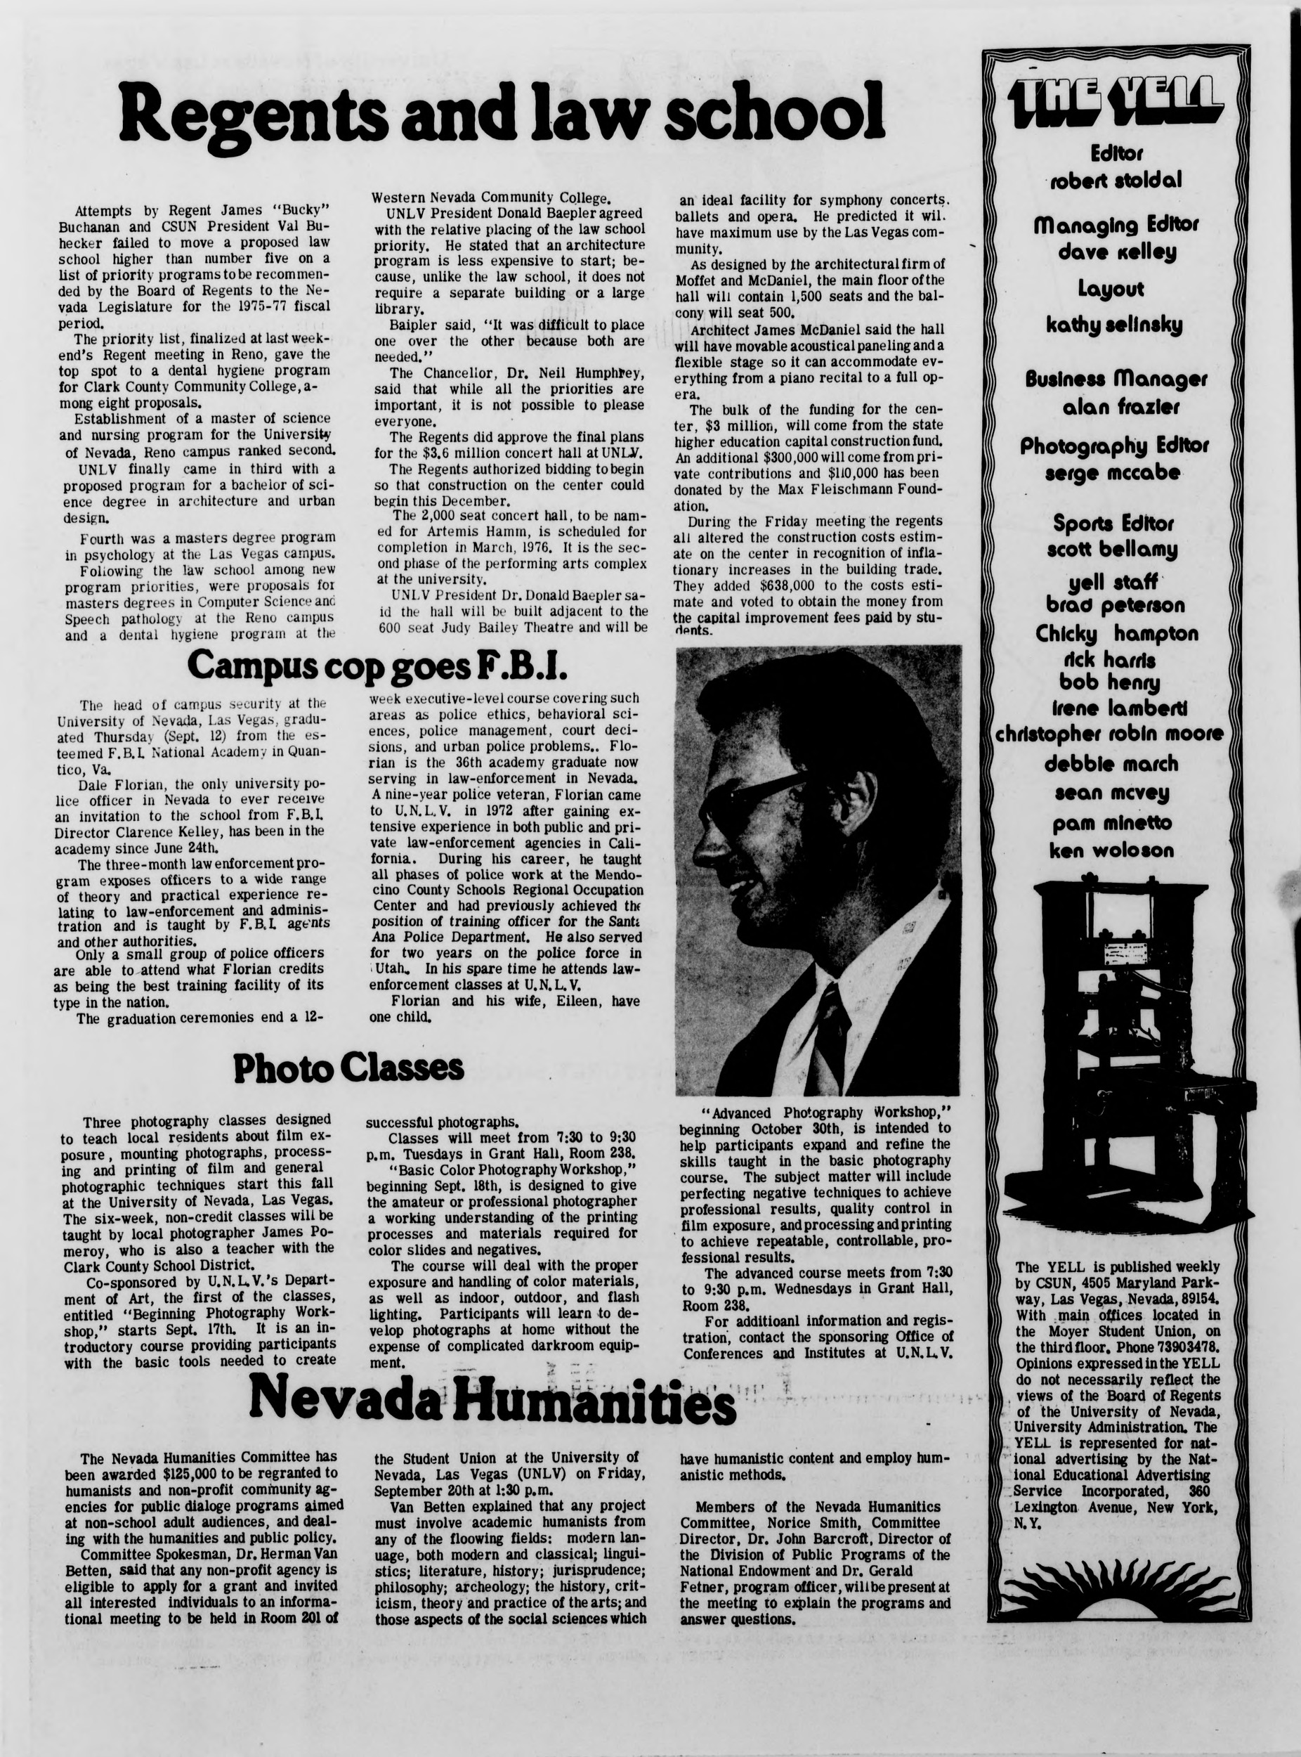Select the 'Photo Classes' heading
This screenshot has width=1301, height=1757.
(348, 1068)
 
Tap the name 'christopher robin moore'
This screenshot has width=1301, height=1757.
(1110, 734)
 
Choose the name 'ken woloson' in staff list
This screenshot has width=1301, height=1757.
(1111, 850)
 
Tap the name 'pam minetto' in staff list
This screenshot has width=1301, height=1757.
(1111, 824)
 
